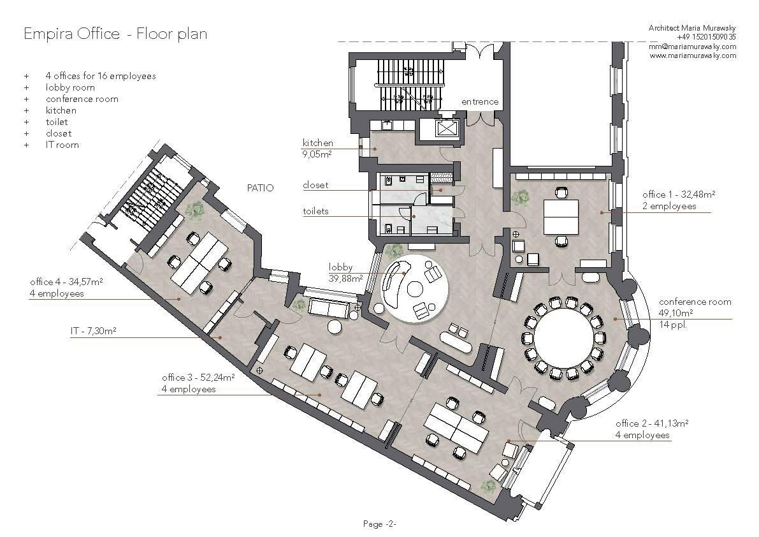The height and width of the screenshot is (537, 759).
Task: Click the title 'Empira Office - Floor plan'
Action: [116, 34]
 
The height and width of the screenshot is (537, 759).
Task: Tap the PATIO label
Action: [261, 188]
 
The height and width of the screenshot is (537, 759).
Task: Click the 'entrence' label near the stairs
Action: [480, 101]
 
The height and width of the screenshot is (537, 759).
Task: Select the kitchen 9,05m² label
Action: [317, 149]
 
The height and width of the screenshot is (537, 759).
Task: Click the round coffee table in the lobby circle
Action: [415, 290]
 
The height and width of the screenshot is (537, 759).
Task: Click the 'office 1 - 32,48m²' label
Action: [679, 195]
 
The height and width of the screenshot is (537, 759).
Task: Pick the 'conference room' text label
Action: [695, 302]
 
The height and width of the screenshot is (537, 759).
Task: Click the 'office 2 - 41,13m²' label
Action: [652, 423]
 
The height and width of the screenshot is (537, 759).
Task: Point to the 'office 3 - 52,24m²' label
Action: [198, 378]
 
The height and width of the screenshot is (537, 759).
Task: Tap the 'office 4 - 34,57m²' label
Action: [66, 282]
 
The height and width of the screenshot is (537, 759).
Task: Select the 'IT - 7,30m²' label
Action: [94, 331]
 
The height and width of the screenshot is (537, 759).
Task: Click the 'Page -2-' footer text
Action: [380, 524]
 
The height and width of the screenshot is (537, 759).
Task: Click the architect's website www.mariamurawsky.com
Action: [693, 55]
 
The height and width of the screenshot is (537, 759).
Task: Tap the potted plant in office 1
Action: [521, 198]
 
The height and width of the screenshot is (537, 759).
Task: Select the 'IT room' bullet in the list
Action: [62, 145]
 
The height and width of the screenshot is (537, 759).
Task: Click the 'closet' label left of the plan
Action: [315, 185]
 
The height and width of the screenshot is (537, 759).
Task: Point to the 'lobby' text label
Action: [341, 267]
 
